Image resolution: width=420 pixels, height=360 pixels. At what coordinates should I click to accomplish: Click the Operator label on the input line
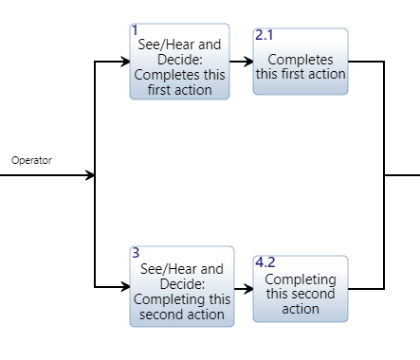[31, 160]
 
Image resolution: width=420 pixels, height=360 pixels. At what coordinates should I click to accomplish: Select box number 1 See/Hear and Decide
[179, 62]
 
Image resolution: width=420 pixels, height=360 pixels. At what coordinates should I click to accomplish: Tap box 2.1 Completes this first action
[300, 62]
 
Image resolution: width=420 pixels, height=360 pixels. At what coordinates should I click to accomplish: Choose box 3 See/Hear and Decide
[179, 286]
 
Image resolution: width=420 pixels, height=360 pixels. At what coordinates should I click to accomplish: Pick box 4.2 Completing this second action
[300, 286]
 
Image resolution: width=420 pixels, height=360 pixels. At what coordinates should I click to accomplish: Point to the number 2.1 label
[265, 35]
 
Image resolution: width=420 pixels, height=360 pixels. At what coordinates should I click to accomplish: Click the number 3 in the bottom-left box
[136, 253]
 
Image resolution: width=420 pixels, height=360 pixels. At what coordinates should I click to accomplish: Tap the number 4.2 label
[265, 261]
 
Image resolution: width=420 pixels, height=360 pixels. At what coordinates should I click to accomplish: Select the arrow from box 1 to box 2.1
[241, 62]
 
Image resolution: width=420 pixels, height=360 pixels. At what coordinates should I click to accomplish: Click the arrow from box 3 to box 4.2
[241, 286]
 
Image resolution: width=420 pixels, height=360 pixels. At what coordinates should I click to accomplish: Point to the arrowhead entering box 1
[124, 62]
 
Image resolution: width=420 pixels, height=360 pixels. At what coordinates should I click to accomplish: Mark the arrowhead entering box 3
[124, 286]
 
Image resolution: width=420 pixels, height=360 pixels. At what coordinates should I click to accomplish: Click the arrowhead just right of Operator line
[90, 174]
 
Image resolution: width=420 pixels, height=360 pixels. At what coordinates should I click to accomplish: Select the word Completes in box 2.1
[300, 60]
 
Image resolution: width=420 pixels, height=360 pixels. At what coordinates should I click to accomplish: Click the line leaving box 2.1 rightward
[366, 62]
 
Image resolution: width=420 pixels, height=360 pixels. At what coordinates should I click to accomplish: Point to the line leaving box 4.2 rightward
[366, 287]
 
